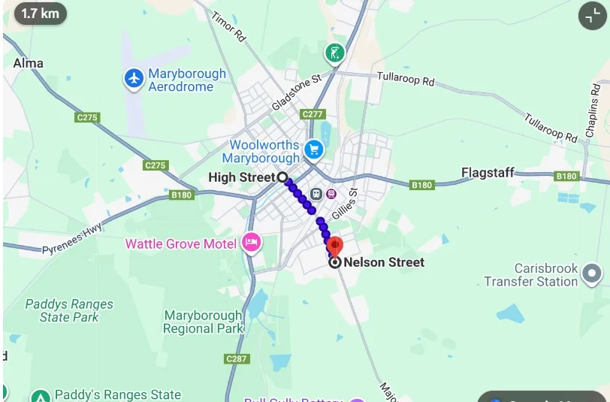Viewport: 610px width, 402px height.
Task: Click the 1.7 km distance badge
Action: [x=40, y=13]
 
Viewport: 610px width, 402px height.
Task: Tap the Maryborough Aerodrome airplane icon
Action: [x=134, y=77]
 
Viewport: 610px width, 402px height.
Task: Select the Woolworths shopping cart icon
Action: [x=313, y=151]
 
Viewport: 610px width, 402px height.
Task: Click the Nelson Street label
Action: [x=383, y=262]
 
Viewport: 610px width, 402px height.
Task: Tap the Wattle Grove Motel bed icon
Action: [x=251, y=243]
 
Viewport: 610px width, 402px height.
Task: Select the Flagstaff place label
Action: [x=488, y=173]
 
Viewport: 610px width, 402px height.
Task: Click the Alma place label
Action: [x=28, y=63]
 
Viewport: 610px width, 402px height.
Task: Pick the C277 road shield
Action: [x=313, y=114]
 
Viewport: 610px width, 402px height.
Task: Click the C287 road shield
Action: [x=236, y=359]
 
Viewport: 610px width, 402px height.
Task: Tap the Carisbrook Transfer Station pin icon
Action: [x=592, y=274]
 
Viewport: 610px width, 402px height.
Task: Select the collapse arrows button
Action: [x=591, y=15]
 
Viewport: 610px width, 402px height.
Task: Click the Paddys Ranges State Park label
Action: [x=69, y=310]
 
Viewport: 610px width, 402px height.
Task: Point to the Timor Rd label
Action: [x=228, y=26]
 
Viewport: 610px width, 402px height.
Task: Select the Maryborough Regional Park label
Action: [x=203, y=322]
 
